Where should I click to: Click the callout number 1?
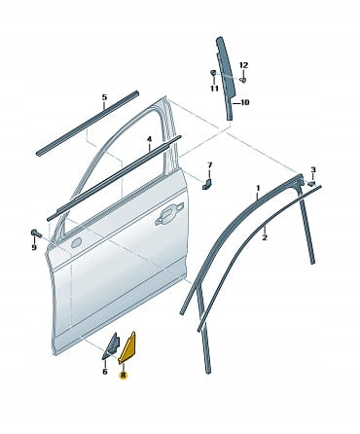click(258, 188)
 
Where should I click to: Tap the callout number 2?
click(265, 237)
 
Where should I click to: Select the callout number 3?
click(313, 169)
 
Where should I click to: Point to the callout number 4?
click(149, 139)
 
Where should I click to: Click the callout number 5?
click(104, 97)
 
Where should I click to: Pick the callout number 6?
click(105, 372)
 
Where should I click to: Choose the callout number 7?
click(210, 165)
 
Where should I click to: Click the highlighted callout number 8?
click(124, 376)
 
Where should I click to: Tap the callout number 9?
click(34, 247)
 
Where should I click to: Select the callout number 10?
click(245, 102)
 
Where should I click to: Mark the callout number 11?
click(214, 89)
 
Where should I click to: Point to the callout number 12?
click(244, 65)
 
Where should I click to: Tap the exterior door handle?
click(169, 213)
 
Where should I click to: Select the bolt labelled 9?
click(36, 233)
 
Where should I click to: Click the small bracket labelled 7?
click(206, 184)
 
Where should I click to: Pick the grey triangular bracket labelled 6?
click(111, 345)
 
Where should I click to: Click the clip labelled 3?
click(311, 184)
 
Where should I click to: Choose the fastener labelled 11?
click(214, 73)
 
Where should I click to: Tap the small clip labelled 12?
click(242, 79)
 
